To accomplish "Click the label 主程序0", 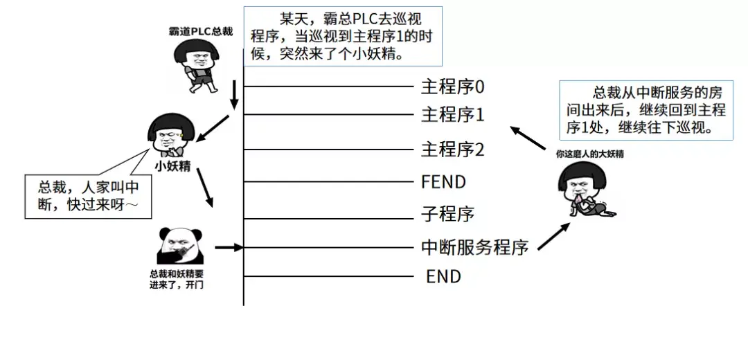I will click(452, 87).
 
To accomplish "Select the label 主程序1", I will click(452, 114).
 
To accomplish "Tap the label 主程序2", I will click(452, 149).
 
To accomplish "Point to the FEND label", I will click(443, 182).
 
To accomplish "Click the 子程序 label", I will click(447, 214).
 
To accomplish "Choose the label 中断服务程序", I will click(474, 246).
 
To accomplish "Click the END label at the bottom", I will click(443, 277).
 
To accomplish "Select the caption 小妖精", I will click(173, 165).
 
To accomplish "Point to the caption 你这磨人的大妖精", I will click(589, 154).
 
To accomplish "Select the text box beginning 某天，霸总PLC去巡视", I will click(343, 35).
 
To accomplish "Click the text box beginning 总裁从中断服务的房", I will click(645, 111).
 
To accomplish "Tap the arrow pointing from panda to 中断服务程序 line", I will click(229, 246).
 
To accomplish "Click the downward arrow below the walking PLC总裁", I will click(234, 95).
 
